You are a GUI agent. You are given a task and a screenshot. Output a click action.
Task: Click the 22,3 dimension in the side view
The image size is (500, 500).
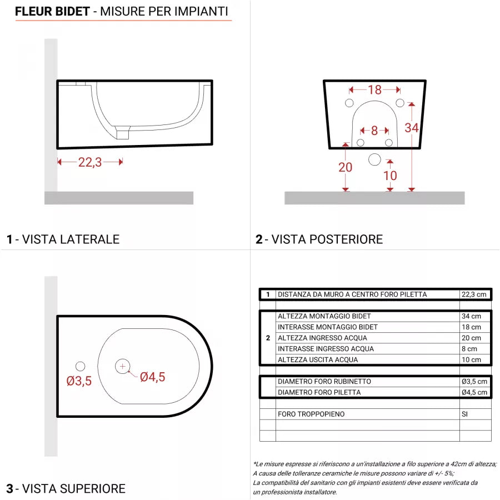(x=89, y=162)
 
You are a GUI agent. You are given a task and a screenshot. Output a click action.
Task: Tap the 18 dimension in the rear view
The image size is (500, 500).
(x=374, y=89)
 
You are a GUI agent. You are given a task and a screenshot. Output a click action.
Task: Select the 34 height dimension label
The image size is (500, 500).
(x=411, y=128)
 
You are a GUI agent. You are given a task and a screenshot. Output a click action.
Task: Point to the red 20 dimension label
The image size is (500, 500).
(x=345, y=167)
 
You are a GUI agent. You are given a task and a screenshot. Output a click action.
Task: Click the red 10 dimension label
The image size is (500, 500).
(x=390, y=176)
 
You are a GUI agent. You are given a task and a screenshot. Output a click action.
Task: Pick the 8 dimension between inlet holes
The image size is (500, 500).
(x=374, y=131)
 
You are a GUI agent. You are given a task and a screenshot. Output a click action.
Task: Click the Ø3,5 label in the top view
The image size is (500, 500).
(x=79, y=381)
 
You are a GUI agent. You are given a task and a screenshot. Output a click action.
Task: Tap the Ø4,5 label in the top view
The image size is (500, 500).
(x=152, y=377)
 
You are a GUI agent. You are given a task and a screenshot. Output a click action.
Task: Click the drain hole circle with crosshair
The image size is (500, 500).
(x=122, y=366)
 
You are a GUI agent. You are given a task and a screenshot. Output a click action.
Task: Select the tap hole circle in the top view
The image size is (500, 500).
(x=80, y=366)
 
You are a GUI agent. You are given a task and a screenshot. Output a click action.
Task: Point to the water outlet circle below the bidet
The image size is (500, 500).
(x=375, y=160)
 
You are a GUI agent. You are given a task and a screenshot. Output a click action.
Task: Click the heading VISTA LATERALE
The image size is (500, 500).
(x=71, y=239)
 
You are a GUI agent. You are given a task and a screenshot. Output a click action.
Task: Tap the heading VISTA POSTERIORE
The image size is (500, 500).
(x=327, y=239)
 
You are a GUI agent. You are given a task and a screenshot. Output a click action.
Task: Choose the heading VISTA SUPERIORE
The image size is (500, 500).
(x=73, y=489)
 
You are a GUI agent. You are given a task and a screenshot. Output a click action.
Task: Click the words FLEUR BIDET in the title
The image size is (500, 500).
(x=52, y=11)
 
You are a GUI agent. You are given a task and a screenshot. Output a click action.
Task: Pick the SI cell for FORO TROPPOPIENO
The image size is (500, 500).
(x=465, y=414)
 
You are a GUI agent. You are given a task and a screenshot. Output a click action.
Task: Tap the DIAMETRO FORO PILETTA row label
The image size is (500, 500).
(x=319, y=392)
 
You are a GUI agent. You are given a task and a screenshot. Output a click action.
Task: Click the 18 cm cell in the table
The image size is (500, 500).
(x=471, y=327)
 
